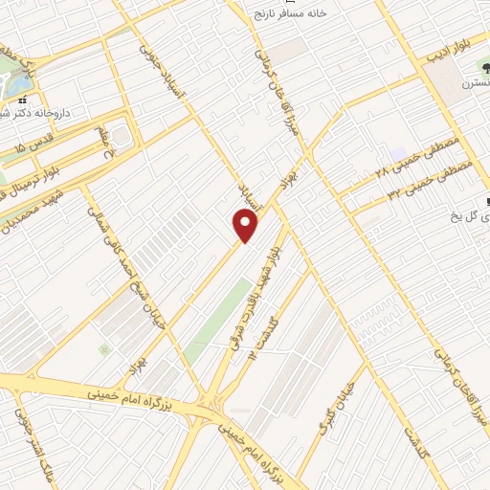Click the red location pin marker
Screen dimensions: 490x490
246,226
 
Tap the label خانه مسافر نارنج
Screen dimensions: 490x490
290,13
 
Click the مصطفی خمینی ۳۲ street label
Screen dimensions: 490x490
420,181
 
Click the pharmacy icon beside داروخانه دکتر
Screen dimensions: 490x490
23,99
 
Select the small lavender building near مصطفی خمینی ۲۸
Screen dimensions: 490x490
396,154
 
